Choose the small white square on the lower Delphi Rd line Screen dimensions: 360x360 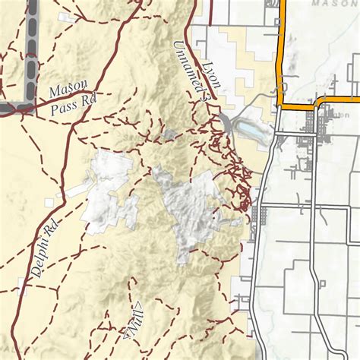21,287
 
